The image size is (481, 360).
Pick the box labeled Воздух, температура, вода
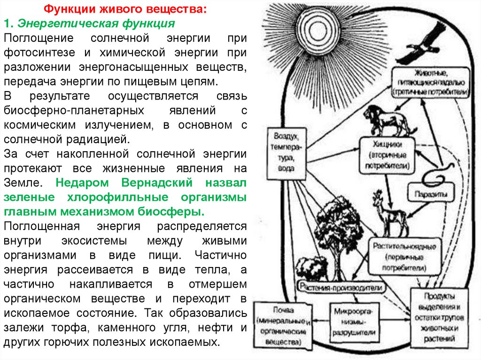coord(286,153)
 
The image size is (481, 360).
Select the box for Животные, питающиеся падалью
coord(431,82)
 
